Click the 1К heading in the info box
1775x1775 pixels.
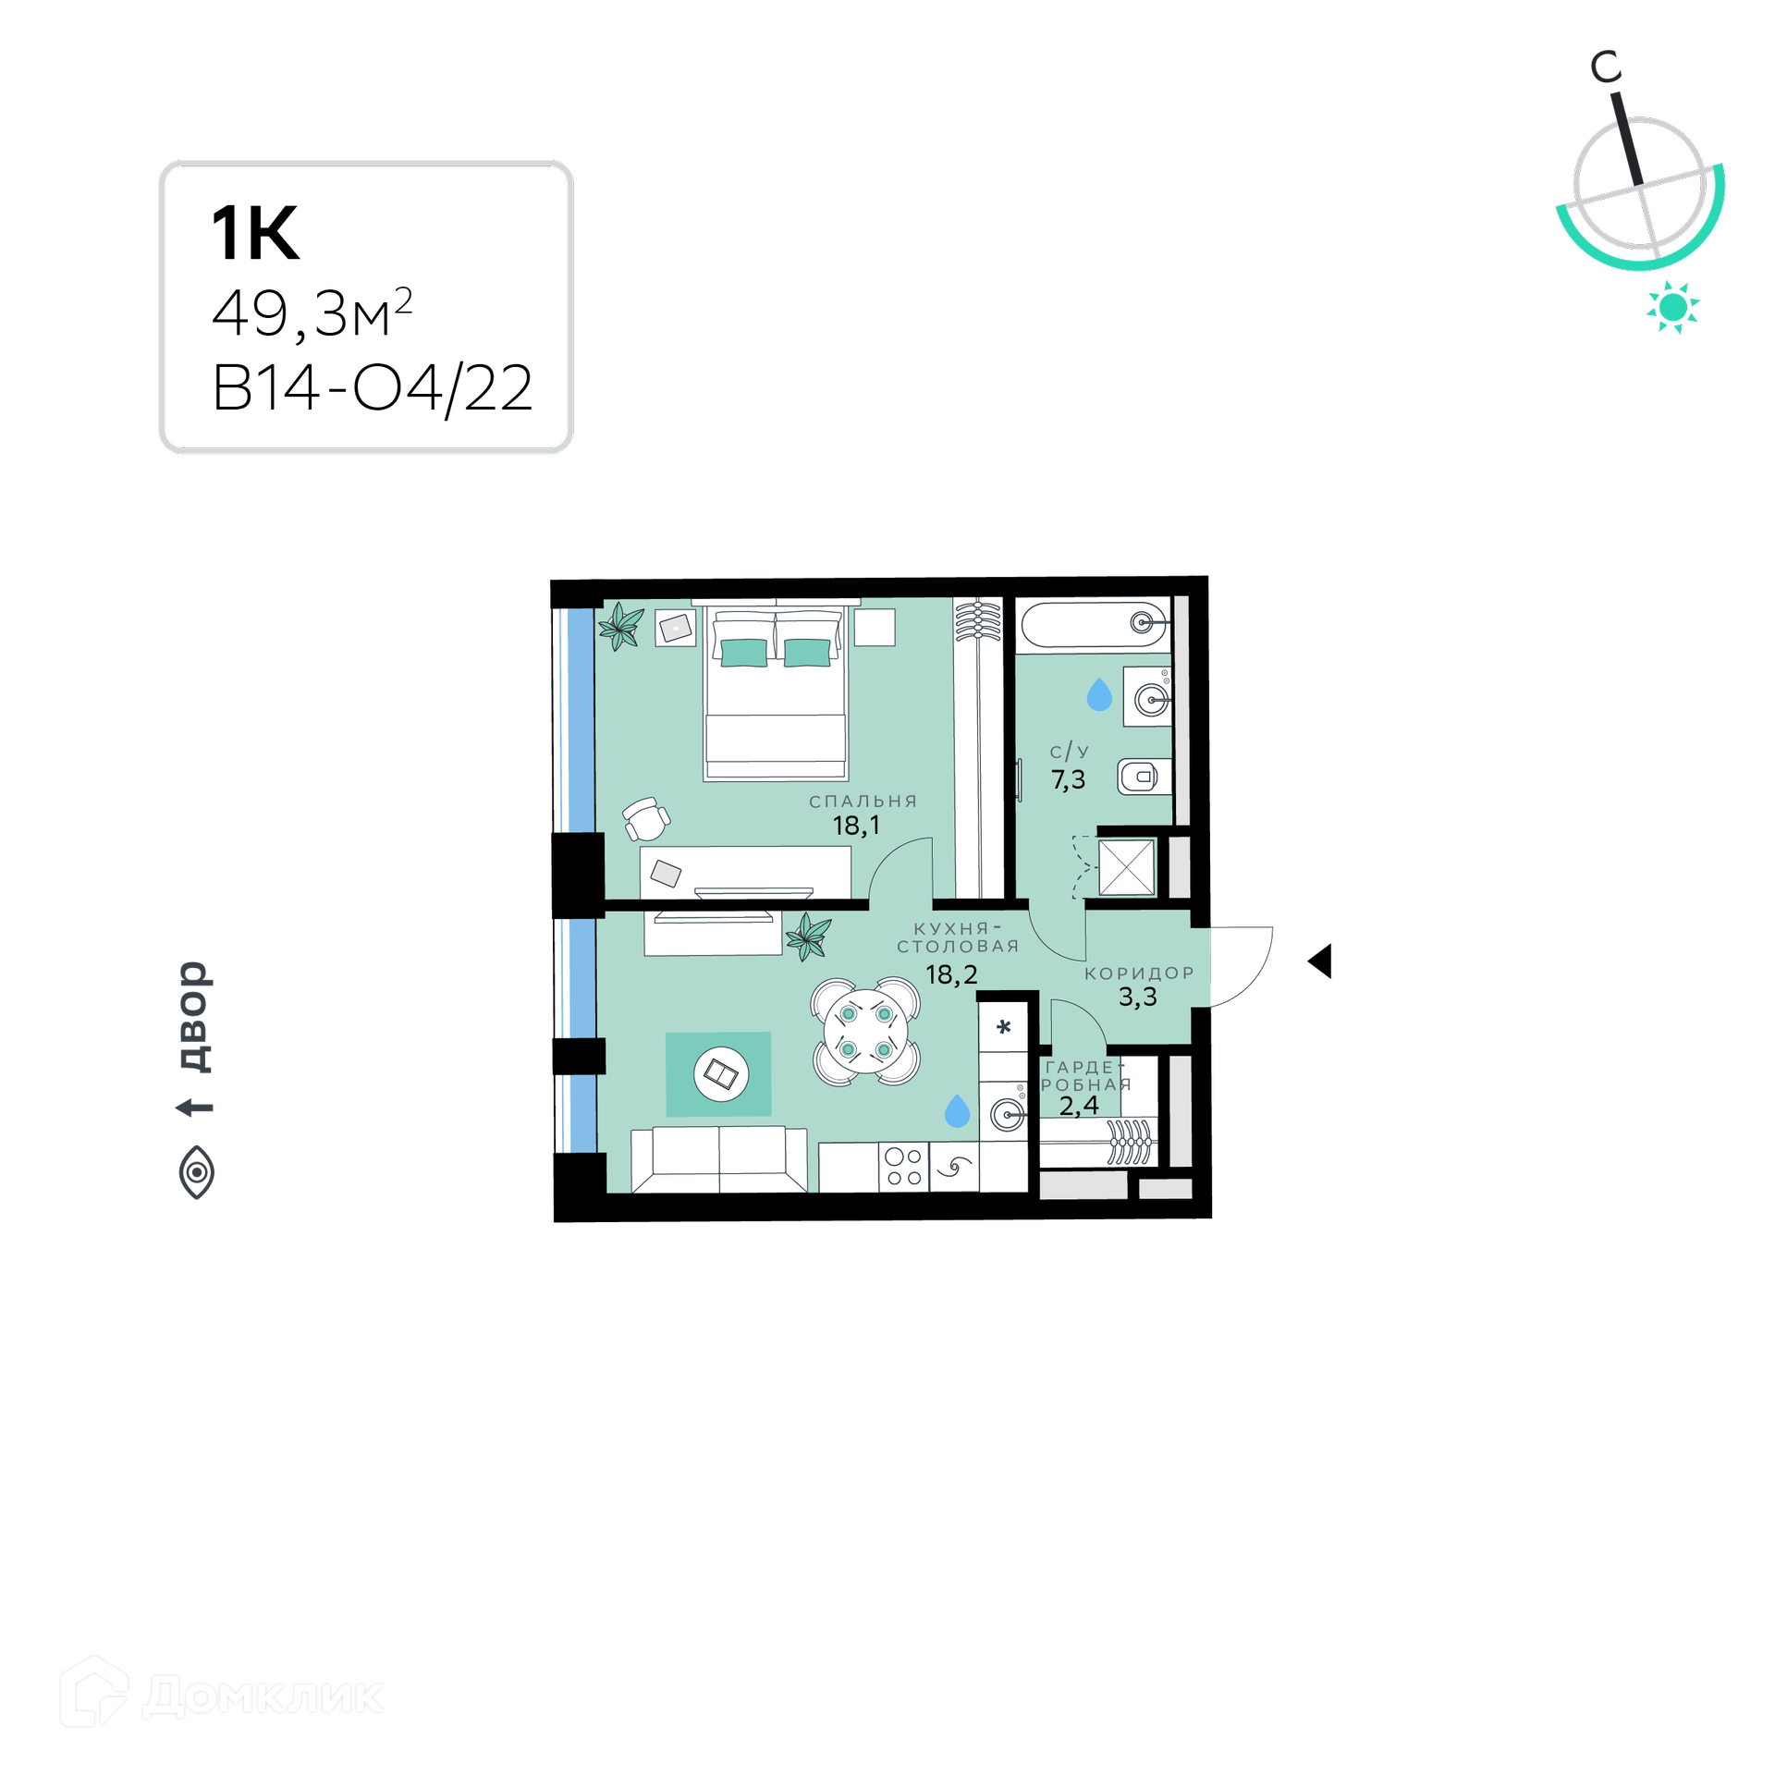255,233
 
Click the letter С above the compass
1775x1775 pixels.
1606,67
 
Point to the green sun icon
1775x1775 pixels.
1672,307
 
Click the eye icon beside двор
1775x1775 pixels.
196,1172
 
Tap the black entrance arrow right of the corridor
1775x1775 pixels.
1319,961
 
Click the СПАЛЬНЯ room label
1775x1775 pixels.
863,802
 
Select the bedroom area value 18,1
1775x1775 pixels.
856,826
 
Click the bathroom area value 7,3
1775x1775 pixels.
1068,780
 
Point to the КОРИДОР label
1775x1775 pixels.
1139,973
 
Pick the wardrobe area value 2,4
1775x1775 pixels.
1079,1106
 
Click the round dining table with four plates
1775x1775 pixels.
866,1032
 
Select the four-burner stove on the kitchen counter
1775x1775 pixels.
903,1167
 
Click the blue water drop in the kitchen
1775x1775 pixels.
957,1110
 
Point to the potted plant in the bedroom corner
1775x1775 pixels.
621,626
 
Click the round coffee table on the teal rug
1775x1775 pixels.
721,1074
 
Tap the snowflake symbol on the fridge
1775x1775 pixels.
1004,1026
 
